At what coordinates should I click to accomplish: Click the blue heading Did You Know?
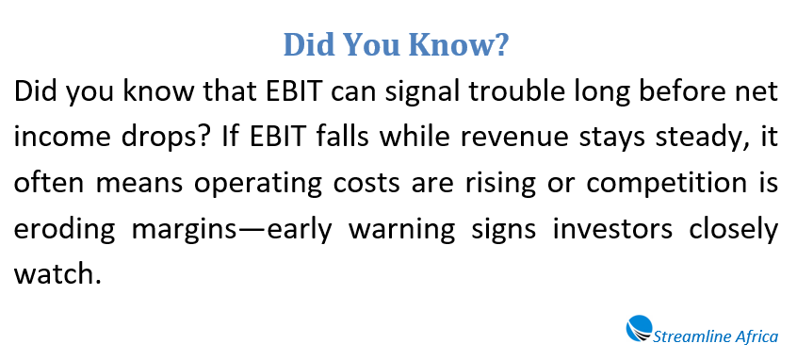396,44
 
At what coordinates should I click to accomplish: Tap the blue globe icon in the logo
640,328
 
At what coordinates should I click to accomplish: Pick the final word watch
50,275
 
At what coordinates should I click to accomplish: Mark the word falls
343,139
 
